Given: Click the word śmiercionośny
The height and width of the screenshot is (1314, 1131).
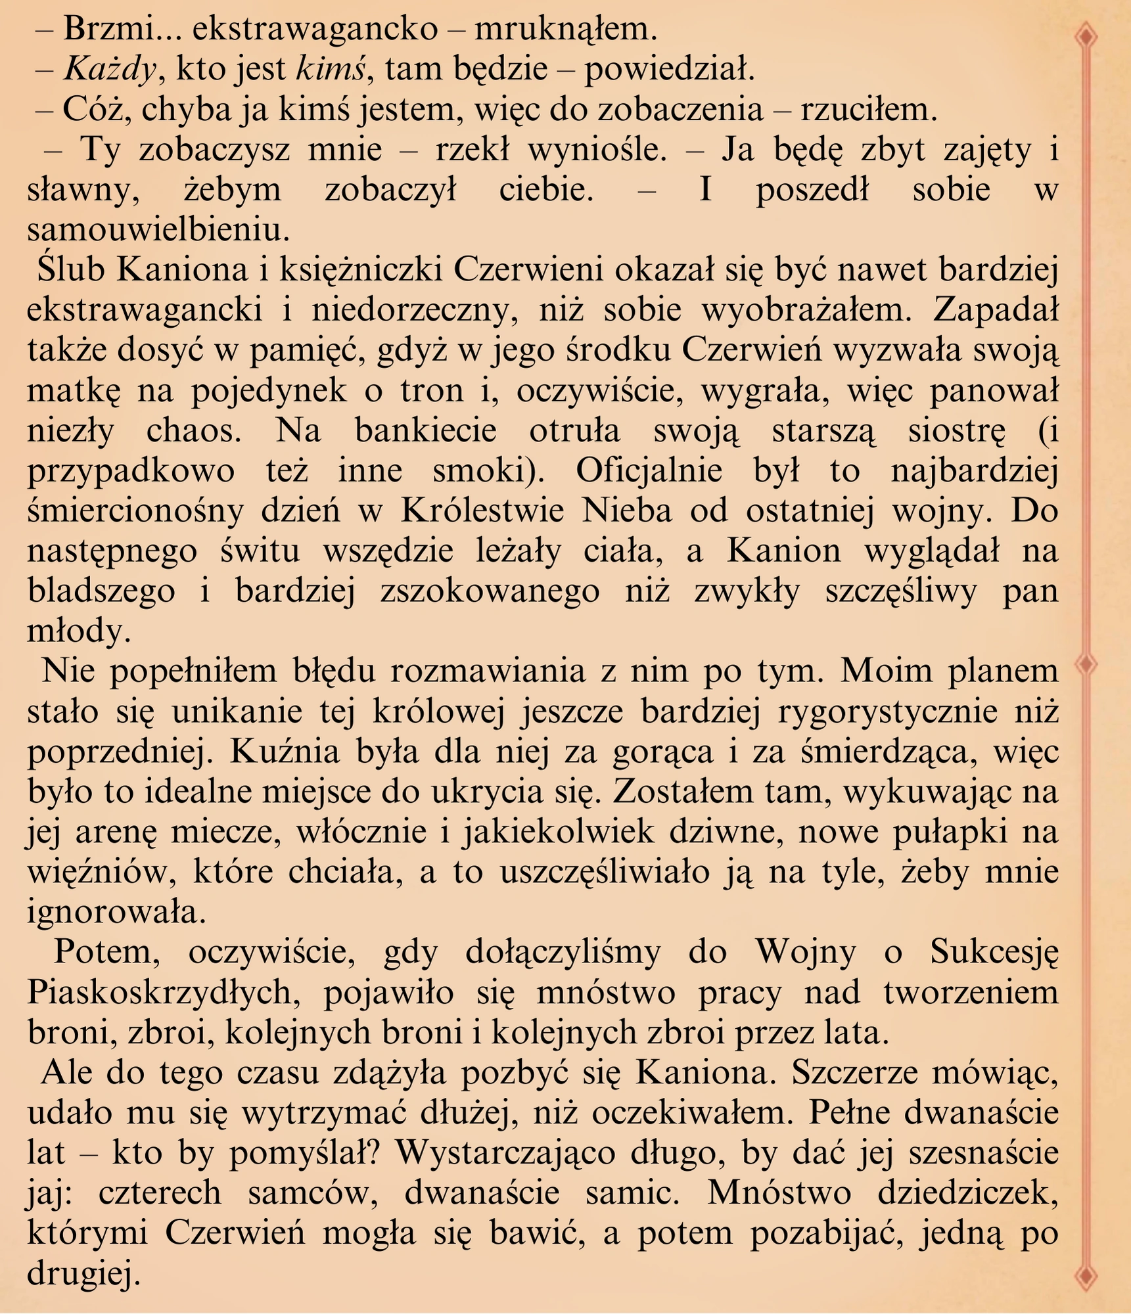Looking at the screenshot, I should tap(135, 511).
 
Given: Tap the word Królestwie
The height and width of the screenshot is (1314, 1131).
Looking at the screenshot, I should tap(482, 511).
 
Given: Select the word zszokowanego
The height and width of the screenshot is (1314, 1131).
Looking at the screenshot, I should tap(490, 591).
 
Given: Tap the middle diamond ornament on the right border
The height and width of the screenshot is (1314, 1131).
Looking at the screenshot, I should tap(1087, 664).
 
